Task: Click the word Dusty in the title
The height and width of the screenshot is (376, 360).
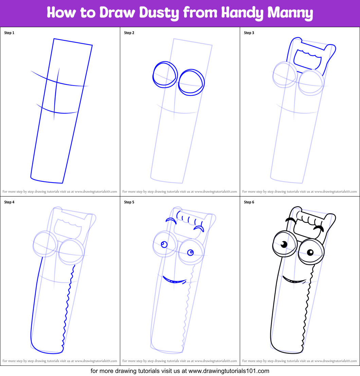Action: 158,13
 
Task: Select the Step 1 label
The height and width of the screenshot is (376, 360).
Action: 9,33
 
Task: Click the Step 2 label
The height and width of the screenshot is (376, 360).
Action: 129,33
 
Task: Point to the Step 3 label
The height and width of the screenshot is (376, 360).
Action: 249,33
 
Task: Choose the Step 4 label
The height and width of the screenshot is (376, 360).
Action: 9,202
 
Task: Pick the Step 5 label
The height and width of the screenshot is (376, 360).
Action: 129,202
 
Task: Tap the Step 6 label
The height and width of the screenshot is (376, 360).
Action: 249,202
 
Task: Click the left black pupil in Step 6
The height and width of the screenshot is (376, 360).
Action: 284,244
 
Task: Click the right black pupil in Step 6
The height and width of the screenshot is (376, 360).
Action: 310,252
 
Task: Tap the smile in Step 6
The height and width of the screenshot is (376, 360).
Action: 294,281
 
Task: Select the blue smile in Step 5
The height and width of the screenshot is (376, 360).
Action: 174,281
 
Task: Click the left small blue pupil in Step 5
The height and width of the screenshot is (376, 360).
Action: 164,244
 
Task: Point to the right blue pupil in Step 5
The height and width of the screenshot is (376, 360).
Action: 190,252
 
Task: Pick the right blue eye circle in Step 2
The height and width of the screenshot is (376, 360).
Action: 191,82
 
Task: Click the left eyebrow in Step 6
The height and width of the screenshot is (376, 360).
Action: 291,220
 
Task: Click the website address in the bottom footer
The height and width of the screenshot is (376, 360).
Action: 229,371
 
